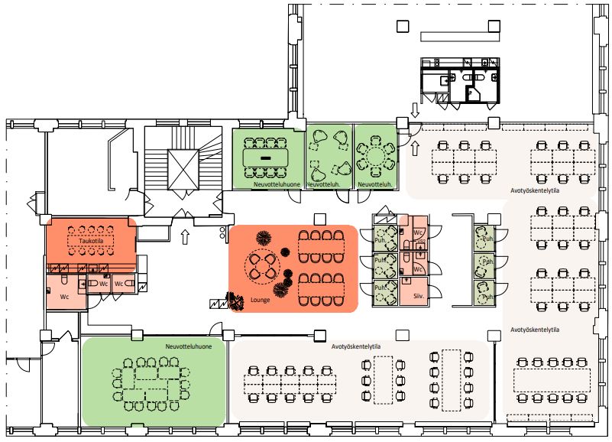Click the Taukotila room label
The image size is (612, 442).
coord(90,241)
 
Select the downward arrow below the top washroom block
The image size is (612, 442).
coord(415,110)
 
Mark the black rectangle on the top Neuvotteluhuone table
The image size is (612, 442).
coord(266,157)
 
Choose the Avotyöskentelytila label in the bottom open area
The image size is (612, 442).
coord(355,346)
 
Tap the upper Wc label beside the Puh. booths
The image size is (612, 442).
coord(418,232)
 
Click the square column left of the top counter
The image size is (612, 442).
coord(403,27)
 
